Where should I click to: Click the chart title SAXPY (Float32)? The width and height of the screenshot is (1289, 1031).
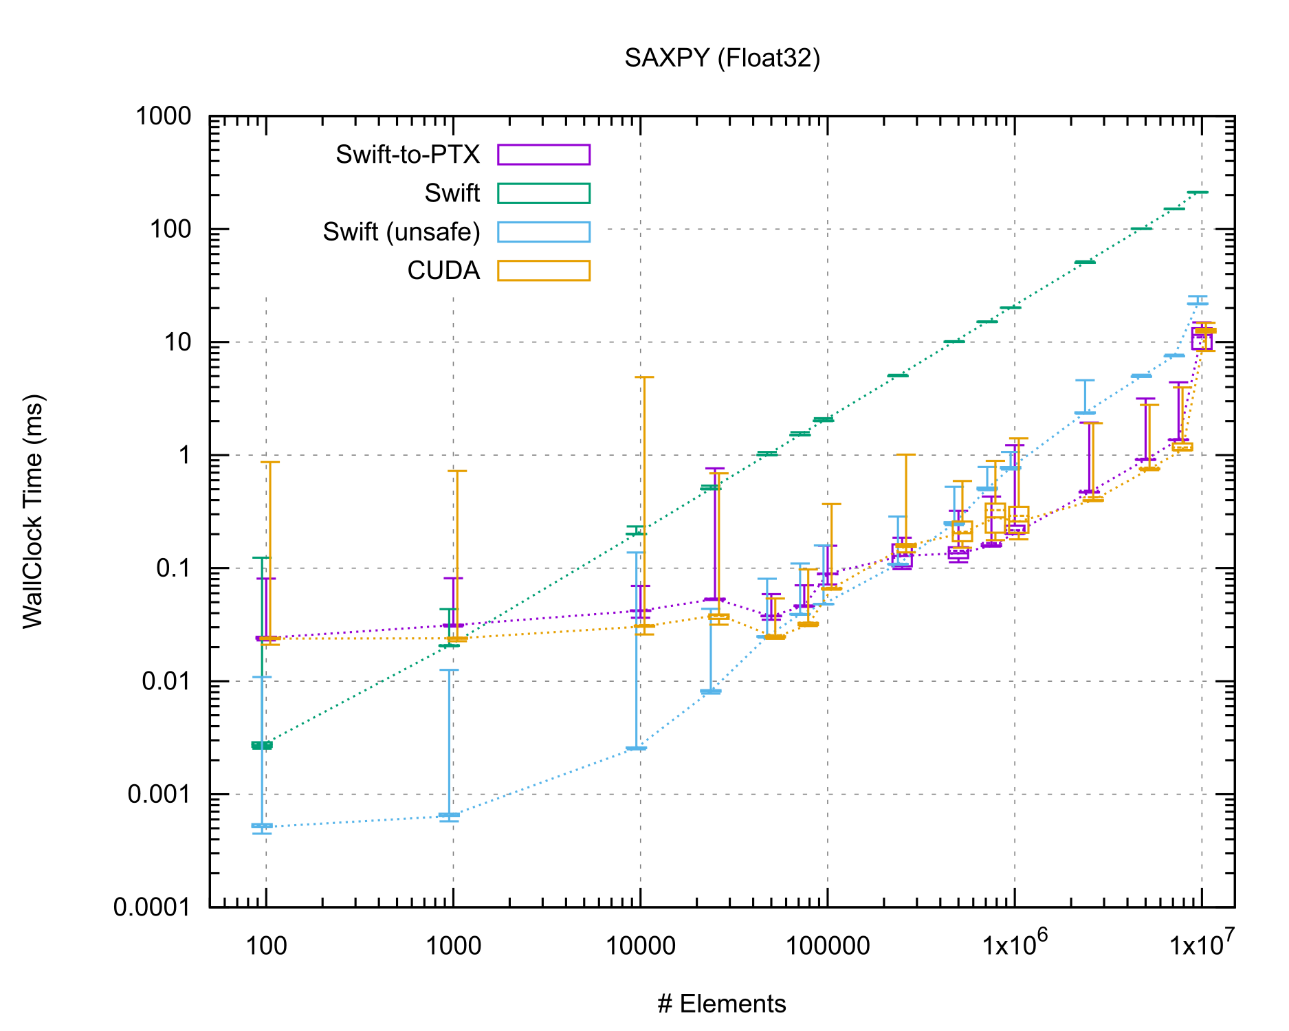point(722,58)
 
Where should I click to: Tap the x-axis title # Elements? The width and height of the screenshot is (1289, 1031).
point(722,1004)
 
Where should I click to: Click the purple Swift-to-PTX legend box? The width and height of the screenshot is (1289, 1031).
point(544,155)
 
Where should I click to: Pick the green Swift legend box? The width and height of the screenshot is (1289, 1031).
point(544,193)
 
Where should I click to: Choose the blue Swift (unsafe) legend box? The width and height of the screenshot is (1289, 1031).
point(544,232)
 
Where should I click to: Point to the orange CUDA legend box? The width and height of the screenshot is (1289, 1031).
point(544,271)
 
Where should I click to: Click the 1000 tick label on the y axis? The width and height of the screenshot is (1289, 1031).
point(163,116)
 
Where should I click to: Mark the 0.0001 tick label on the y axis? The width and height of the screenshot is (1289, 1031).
point(153,907)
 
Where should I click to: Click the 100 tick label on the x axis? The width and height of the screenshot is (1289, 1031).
point(266,946)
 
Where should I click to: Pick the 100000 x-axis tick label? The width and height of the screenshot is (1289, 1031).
point(828,946)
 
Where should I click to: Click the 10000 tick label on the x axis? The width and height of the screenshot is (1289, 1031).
point(640,946)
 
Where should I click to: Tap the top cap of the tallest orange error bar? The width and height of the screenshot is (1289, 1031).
point(644,377)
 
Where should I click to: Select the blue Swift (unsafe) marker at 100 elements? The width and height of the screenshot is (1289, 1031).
point(262,825)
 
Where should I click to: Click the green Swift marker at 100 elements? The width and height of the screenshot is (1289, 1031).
point(262,745)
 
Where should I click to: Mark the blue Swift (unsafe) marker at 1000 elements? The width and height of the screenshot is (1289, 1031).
point(449,815)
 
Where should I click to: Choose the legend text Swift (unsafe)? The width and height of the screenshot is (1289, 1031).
point(401,232)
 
